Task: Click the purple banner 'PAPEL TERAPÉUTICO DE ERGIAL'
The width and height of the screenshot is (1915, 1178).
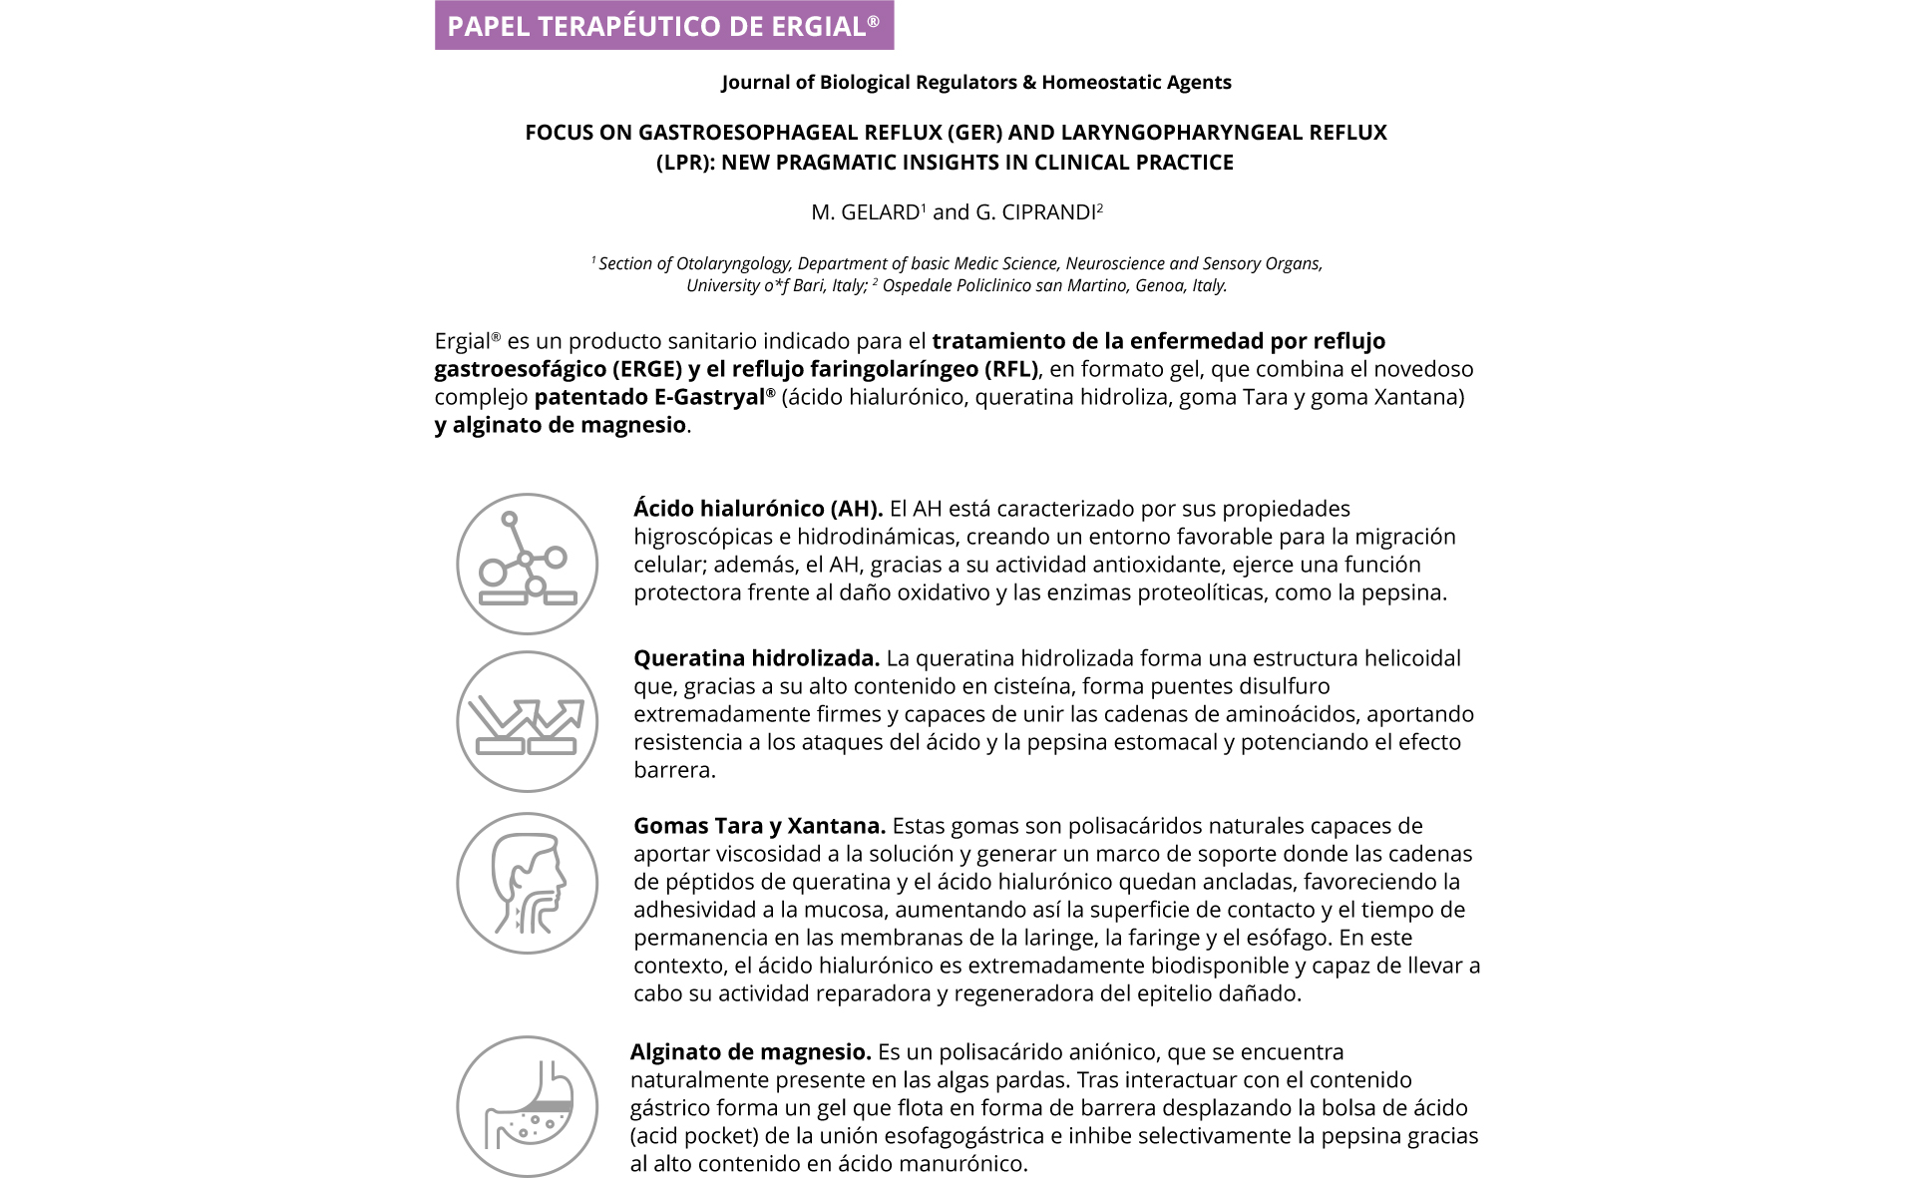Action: [x=664, y=26]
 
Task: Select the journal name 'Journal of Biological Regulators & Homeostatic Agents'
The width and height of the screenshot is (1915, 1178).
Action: [x=976, y=83]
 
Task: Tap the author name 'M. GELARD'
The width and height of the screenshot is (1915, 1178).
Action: [x=865, y=212]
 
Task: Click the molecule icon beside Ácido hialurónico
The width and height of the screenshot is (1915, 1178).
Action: [x=527, y=564]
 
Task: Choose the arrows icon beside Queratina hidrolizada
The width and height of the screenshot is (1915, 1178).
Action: [x=527, y=721]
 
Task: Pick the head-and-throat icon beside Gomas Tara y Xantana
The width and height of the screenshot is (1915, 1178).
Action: [x=527, y=883]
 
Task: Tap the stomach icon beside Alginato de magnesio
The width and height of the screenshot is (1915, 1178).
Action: [x=527, y=1106]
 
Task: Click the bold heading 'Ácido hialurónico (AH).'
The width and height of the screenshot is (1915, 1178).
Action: [x=758, y=509]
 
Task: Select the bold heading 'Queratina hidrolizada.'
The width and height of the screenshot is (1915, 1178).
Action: [x=756, y=658]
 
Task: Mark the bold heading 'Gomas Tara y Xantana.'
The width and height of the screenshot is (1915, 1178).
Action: [x=759, y=826]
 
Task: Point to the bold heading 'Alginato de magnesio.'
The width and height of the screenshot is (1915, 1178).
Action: [x=750, y=1052]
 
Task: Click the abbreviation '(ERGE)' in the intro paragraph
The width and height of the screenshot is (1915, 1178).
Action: [x=646, y=369]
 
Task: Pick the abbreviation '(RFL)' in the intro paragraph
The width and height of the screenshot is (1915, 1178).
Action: [x=1011, y=369]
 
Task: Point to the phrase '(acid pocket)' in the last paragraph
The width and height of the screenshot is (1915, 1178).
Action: [x=689, y=1136]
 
